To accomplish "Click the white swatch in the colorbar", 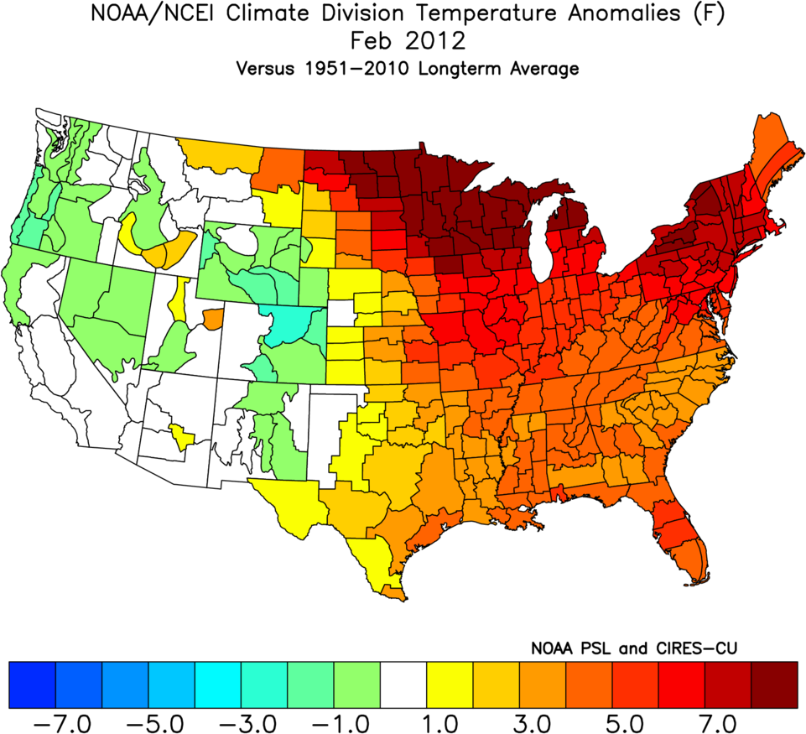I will coord(403,684).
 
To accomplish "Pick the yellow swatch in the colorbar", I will coord(450,684).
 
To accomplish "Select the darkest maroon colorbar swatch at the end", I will coord(773,684).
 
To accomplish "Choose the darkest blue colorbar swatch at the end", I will coord(32,684).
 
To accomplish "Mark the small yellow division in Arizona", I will coord(182,435).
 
